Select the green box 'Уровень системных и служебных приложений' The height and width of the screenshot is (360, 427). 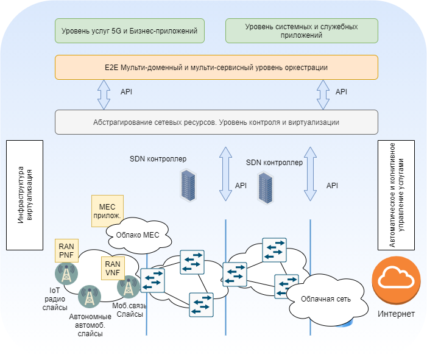tap(302, 30)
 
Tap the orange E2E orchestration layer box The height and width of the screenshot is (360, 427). tap(216, 67)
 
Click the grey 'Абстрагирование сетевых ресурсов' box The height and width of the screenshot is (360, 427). tap(216, 122)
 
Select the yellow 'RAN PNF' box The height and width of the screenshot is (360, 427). tap(66, 250)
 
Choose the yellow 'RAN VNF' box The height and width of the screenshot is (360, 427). tap(113, 268)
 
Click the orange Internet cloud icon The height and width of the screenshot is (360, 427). tap(397, 280)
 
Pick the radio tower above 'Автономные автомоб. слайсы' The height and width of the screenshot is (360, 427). tap(90, 297)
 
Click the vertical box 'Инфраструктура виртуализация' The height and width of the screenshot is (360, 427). tap(24, 195)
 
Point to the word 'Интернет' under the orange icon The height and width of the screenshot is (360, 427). tap(396, 314)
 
